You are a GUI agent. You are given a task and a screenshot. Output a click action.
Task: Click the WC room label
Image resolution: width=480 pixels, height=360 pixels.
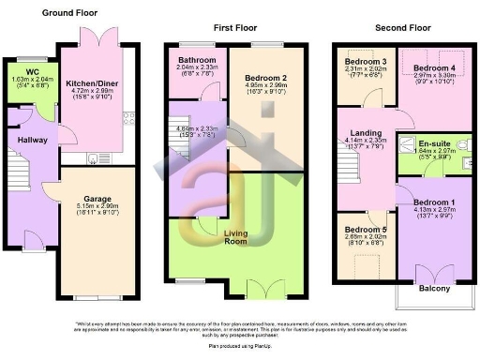pyautogui.click(x=31, y=71)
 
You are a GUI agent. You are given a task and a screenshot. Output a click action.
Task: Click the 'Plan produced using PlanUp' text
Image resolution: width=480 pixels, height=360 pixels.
pyautogui.click(x=240, y=346)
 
